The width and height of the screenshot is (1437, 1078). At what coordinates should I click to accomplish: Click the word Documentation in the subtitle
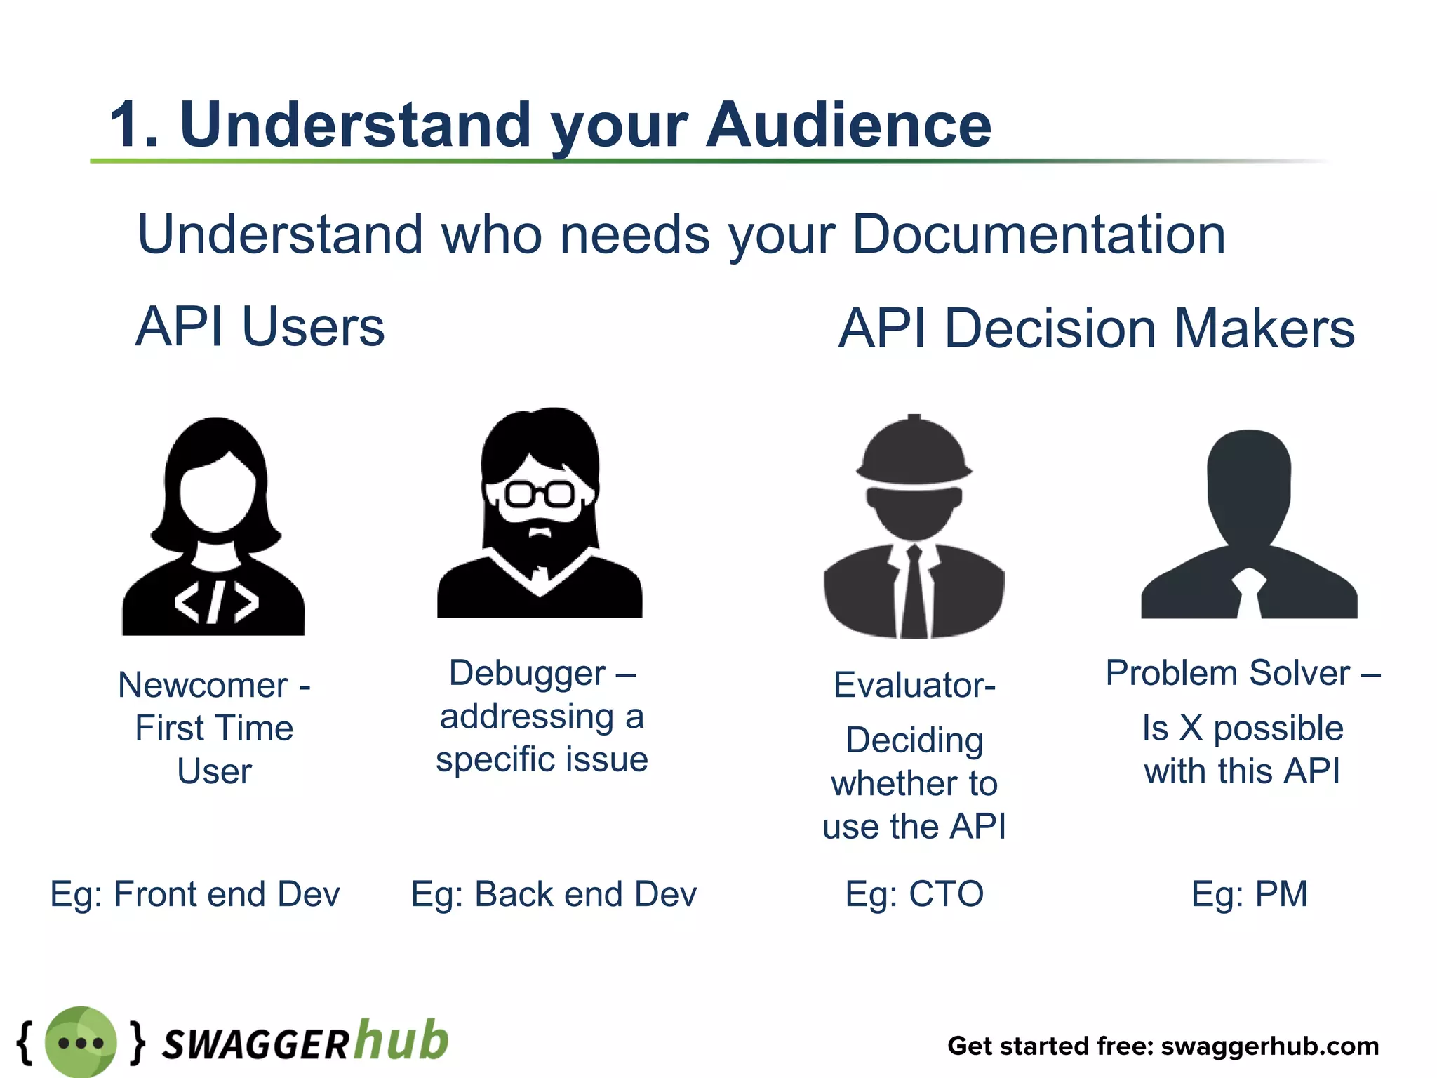tap(1038, 234)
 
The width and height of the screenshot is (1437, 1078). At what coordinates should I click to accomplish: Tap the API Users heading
tap(260, 327)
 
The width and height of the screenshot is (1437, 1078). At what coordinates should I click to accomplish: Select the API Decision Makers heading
tap(1096, 328)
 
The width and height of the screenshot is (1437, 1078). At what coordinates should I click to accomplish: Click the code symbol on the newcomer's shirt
tap(216, 602)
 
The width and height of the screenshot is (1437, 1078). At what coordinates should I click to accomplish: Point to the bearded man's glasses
tap(540, 494)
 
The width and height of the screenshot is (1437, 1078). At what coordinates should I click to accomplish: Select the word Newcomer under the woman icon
tap(203, 685)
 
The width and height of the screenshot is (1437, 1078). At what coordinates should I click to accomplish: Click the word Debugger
tap(527, 674)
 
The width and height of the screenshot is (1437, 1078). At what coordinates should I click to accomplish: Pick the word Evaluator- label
tap(914, 685)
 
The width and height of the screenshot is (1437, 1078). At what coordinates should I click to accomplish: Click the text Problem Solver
tap(1228, 674)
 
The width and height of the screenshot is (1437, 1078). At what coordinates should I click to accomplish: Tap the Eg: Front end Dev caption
tap(195, 894)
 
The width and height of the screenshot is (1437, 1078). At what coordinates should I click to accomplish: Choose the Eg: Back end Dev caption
tap(554, 894)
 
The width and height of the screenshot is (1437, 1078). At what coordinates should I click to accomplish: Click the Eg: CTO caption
tap(914, 894)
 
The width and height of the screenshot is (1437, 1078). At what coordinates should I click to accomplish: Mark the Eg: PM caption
tap(1249, 894)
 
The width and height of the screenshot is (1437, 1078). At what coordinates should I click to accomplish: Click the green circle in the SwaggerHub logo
tap(81, 1042)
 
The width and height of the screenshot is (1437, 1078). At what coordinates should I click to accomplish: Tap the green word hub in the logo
tap(400, 1040)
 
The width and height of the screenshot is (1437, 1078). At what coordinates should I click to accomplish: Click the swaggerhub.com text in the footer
tap(1270, 1046)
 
